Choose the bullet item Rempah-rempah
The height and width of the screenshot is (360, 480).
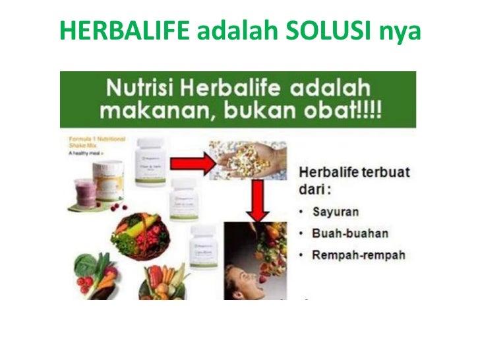point(360,254)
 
